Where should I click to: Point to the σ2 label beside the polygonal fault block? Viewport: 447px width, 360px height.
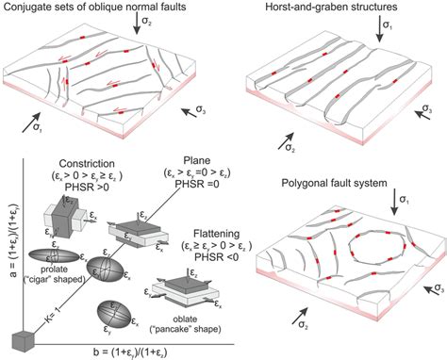(x=290, y=331)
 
